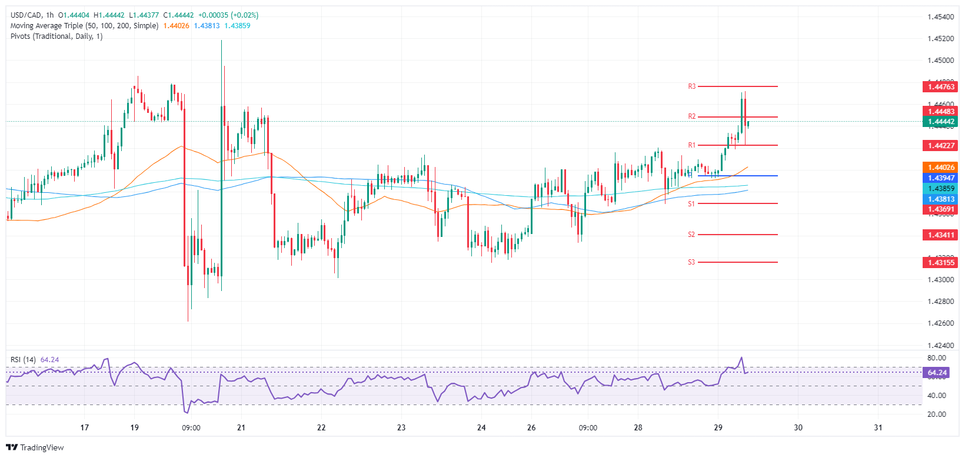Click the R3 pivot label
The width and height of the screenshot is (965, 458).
tap(692, 86)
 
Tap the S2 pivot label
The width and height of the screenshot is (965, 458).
tap(691, 235)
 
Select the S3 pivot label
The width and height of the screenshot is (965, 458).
tap(691, 262)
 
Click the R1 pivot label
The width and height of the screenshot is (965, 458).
tap(692, 145)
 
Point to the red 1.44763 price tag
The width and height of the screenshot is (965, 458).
tap(941, 87)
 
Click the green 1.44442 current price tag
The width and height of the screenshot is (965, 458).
tap(941, 122)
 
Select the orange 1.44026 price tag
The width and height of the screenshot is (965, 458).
tap(941, 168)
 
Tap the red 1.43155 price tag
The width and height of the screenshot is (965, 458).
tap(941, 262)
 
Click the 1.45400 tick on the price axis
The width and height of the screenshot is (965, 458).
tap(940, 17)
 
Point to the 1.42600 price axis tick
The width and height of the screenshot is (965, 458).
tap(940, 323)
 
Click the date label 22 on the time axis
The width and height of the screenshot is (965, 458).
tap(321, 427)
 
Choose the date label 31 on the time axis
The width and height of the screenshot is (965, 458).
tap(878, 427)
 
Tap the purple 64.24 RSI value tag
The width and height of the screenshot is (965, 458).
tap(937, 373)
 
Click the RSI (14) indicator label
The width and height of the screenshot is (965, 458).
tap(23, 360)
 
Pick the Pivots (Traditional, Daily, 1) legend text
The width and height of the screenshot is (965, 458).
tap(56, 36)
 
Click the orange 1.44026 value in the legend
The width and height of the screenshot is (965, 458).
tap(176, 26)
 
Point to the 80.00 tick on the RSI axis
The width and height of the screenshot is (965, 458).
tap(936, 358)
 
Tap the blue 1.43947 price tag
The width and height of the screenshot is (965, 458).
tap(941, 178)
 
